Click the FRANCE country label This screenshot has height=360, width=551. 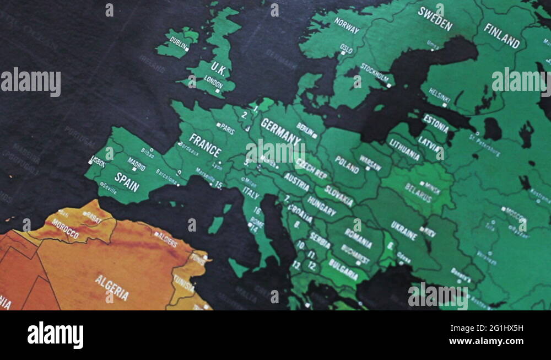click(x=205, y=145)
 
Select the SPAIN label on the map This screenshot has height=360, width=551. click(x=127, y=182)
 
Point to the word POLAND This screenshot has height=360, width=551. click(x=347, y=164)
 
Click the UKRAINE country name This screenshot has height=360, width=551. click(x=404, y=230)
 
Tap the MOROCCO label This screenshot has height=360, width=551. click(x=65, y=228)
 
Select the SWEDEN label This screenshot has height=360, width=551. click(x=435, y=18)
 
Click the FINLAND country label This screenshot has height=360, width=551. click(x=501, y=36)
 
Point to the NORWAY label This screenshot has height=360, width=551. click(x=347, y=25)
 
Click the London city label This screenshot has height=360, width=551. click(x=213, y=81)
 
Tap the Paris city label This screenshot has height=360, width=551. click(x=227, y=129)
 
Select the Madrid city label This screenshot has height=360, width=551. click(x=136, y=163)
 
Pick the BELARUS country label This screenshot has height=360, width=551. click(x=418, y=192)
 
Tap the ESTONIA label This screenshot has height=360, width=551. click(x=435, y=123)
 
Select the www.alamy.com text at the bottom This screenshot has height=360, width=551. click(x=485, y=342)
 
